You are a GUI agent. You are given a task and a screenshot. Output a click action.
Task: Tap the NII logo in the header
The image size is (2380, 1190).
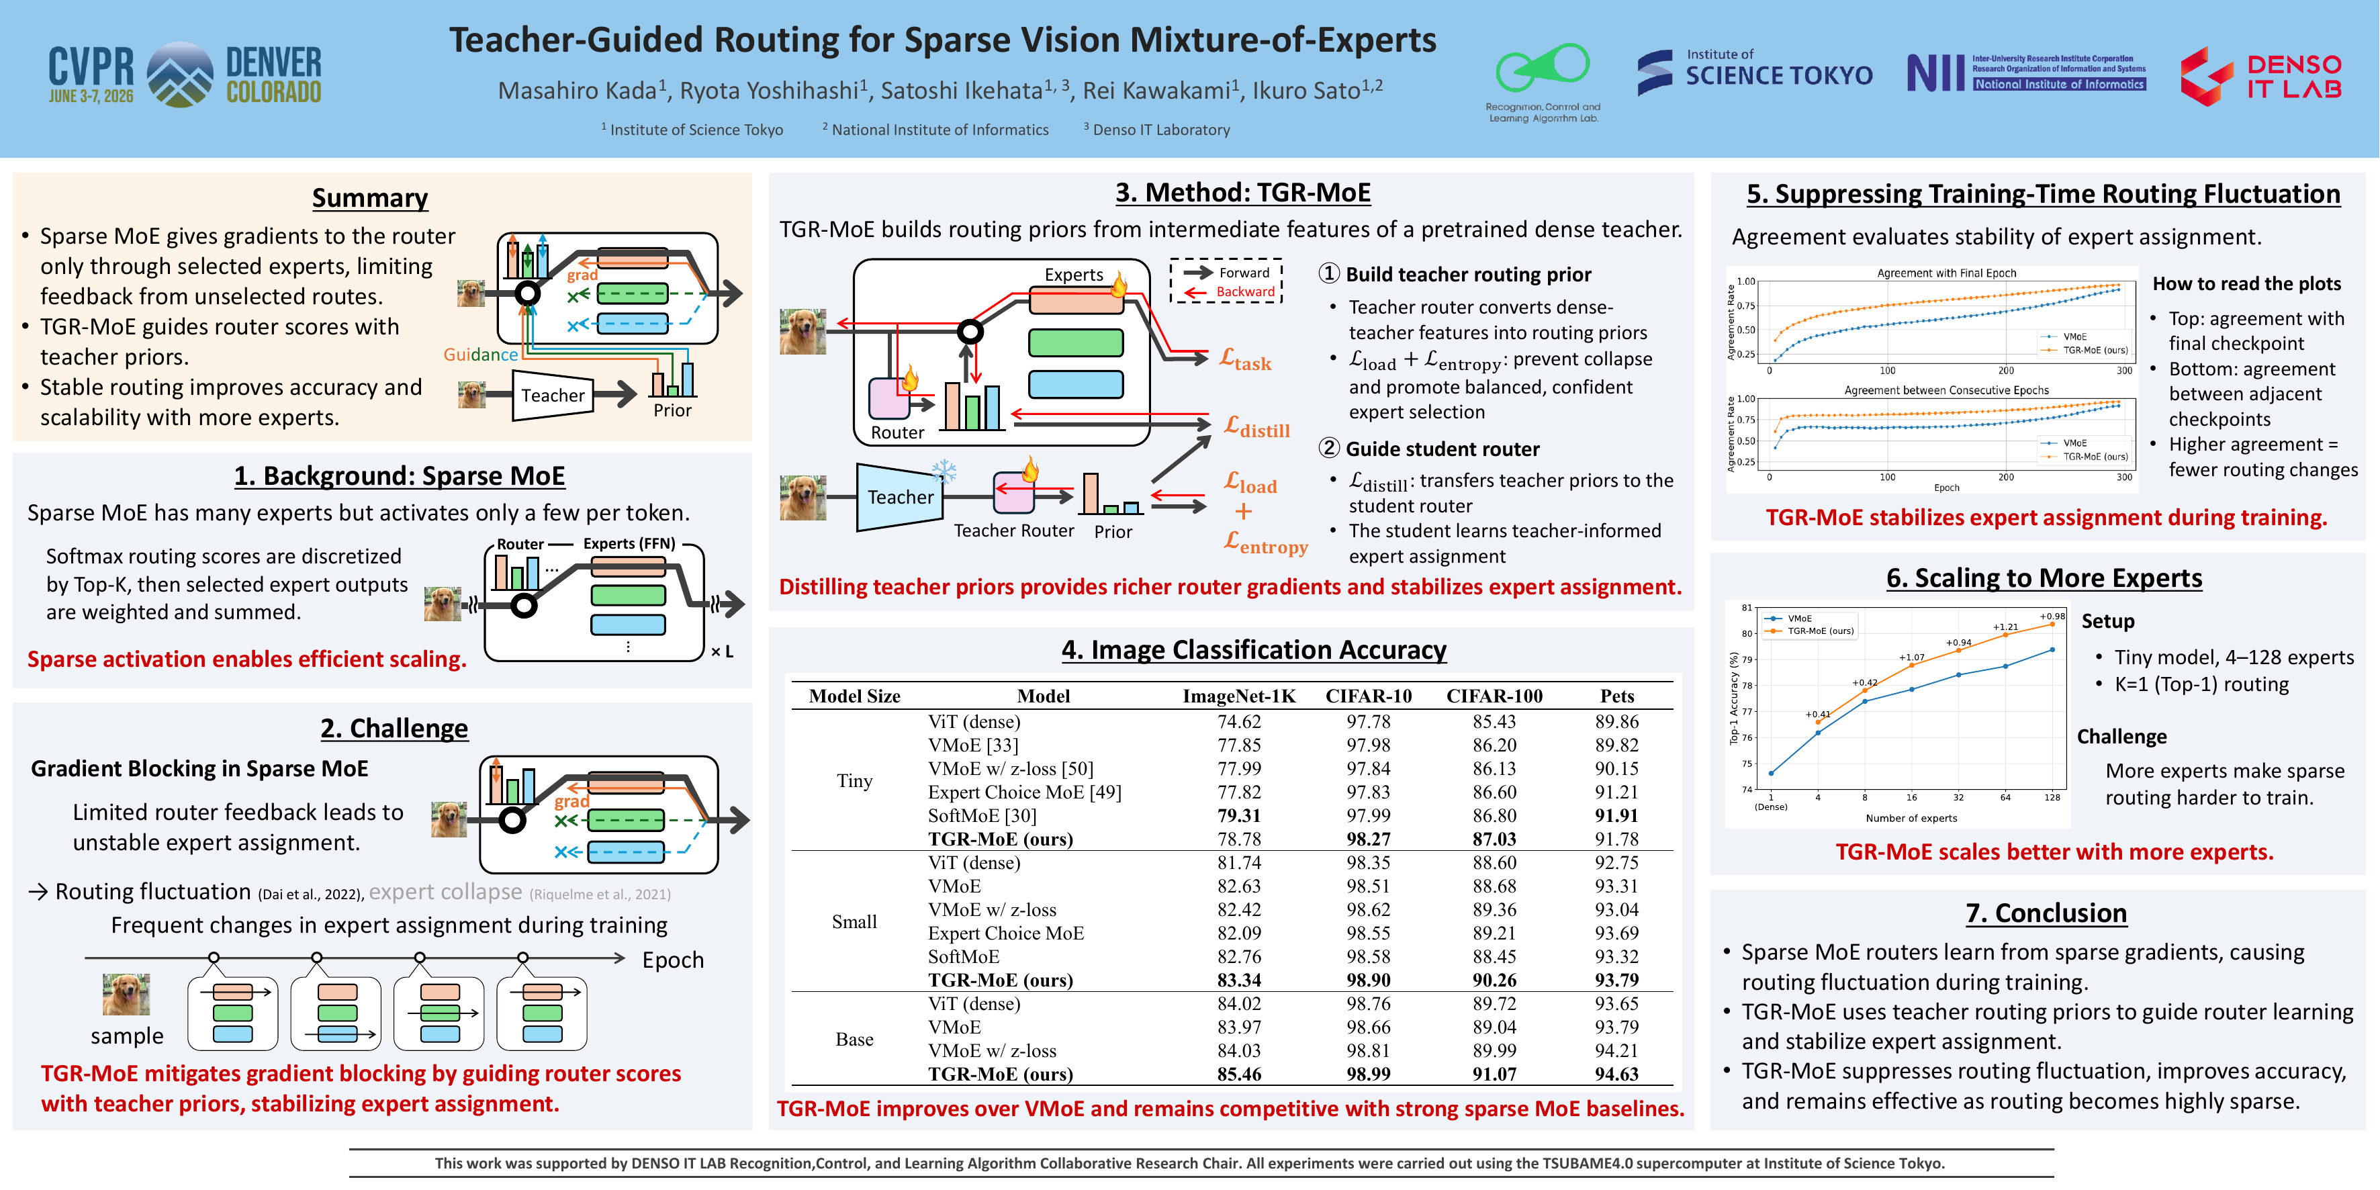2026,72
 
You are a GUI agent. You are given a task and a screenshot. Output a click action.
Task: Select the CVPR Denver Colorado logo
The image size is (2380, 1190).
185,74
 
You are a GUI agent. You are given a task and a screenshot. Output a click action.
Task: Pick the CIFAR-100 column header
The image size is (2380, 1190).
1494,696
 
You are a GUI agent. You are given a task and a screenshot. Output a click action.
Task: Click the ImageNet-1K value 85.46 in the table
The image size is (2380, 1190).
1239,1074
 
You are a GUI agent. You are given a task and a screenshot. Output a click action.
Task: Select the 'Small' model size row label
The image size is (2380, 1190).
855,921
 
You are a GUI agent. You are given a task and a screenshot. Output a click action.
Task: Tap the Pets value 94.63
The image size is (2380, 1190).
1617,1074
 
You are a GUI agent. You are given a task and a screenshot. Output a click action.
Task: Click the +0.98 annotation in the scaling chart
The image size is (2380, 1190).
2052,616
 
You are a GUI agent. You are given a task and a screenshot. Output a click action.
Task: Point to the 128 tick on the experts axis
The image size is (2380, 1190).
2052,797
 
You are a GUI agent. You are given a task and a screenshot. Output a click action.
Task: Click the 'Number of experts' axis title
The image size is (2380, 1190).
1911,818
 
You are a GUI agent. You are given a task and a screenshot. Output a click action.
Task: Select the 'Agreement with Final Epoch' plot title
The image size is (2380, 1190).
1947,273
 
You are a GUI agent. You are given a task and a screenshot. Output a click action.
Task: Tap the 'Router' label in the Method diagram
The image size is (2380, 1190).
897,432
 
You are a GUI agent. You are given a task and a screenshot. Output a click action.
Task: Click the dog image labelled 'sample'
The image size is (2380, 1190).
126,995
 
